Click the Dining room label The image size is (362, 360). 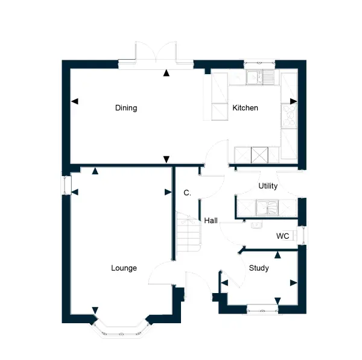[x=126, y=108]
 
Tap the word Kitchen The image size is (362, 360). [x=245, y=108]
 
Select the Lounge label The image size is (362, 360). [x=124, y=268]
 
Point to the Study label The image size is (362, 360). [x=259, y=268]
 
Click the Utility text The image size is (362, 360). [x=268, y=186]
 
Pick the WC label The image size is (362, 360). [x=282, y=236]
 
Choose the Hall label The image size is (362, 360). [x=211, y=221]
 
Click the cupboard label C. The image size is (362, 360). [x=187, y=193]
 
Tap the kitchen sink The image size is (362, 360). [x=260, y=77]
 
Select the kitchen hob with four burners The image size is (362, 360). [x=289, y=116]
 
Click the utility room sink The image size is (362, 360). [x=267, y=207]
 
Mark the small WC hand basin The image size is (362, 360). [x=256, y=225]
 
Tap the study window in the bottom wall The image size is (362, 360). [x=262, y=309]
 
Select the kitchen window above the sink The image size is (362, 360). [x=259, y=62]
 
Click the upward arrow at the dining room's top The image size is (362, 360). [x=167, y=73]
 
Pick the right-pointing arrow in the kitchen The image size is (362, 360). [x=293, y=101]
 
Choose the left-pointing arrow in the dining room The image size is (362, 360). [x=75, y=101]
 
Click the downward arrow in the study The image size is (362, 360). [x=278, y=301]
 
